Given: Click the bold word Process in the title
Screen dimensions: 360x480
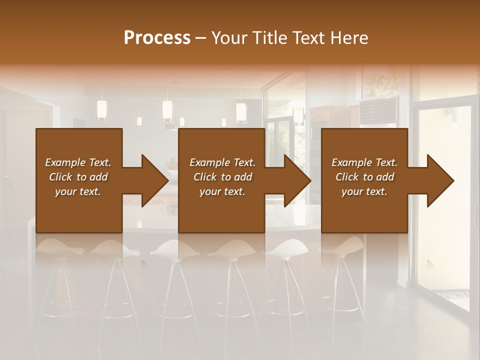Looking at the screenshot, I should (x=157, y=38).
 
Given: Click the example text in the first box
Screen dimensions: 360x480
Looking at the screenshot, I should (x=78, y=177).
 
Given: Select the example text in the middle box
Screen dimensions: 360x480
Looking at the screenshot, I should (x=222, y=177).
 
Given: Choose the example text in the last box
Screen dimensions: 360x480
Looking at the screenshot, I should (x=364, y=177).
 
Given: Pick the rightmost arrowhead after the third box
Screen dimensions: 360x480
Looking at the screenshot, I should (x=439, y=180).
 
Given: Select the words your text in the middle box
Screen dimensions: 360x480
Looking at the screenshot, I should (x=222, y=191).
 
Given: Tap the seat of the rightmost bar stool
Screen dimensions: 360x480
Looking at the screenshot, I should (x=345, y=245).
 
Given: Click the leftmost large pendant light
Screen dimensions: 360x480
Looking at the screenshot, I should (x=102, y=110).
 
